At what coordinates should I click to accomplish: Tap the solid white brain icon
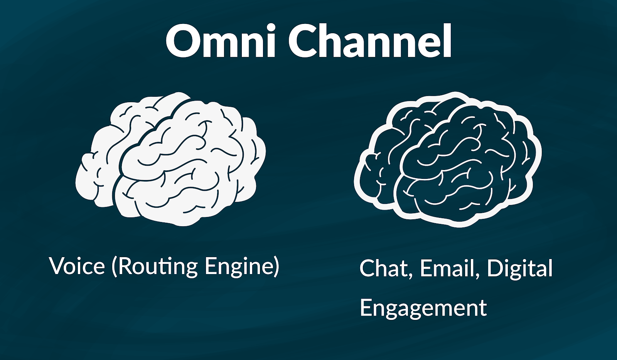(x=171, y=159)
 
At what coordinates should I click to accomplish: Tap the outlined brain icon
(x=448, y=160)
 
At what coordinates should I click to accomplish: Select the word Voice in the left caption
(x=77, y=266)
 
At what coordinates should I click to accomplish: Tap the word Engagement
(x=423, y=308)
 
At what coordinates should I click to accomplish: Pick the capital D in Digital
(x=496, y=268)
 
